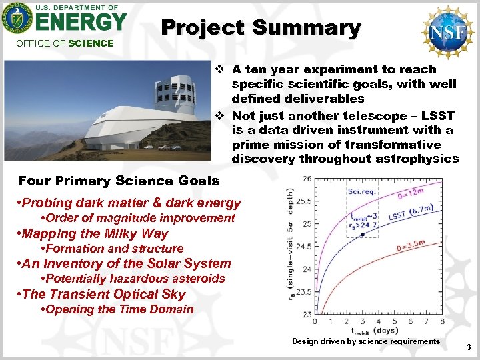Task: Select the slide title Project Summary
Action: click(x=261, y=28)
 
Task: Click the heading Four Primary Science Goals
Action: click(x=119, y=181)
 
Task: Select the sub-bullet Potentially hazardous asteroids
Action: click(x=133, y=279)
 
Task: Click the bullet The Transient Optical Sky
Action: click(x=103, y=294)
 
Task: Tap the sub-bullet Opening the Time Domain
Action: click(x=117, y=309)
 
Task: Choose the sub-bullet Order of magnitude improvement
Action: click(x=138, y=218)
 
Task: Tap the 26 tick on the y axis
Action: click(x=307, y=179)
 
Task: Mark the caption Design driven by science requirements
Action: click(x=366, y=341)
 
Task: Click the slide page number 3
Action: click(x=469, y=347)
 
